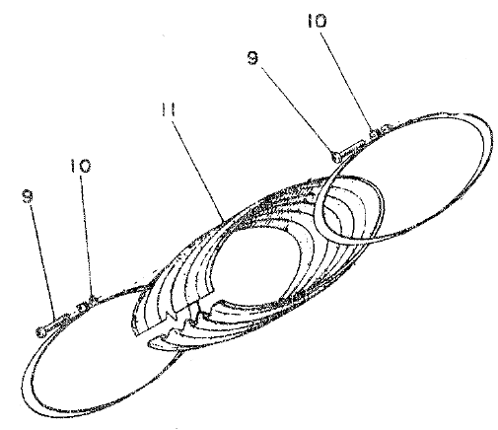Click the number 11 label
pos(169,109)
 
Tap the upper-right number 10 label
pos(317,21)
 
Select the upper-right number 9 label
pos(252,58)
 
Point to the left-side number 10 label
pos(81,166)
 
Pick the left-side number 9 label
pos(28,196)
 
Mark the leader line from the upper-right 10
pos(346,81)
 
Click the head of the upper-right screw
pos(336,157)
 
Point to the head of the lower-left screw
pos(41,332)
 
